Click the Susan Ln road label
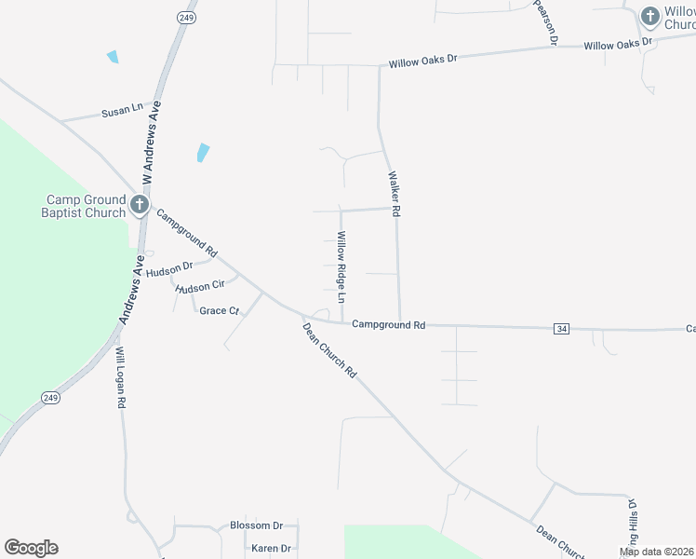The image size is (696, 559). pyautogui.click(x=122, y=111)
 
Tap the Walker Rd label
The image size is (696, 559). pyautogui.click(x=394, y=194)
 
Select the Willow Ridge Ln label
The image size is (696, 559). pyautogui.click(x=341, y=267)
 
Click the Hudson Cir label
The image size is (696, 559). pyautogui.click(x=200, y=287)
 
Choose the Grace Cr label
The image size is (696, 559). pyautogui.click(x=220, y=310)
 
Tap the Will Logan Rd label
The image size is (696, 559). pyautogui.click(x=121, y=378)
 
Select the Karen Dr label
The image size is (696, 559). pyautogui.click(x=272, y=548)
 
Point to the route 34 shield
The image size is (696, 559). pyautogui.click(x=561, y=329)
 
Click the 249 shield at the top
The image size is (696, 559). pyautogui.click(x=184, y=18)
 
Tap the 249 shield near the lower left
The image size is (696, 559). pyautogui.click(x=51, y=397)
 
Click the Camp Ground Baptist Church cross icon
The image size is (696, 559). pyautogui.click(x=140, y=205)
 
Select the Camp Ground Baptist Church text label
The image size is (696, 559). pyautogui.click(x=87, y=206)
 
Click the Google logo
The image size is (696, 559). pyautogui.click(x=31, y=548)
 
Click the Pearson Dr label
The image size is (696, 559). pyautogui.click(x=545, y=22)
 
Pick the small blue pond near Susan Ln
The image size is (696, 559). pyautogui.click(x=113, y=57)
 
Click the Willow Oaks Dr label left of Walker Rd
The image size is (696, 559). pyautogui.click(x=423, y=61)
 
